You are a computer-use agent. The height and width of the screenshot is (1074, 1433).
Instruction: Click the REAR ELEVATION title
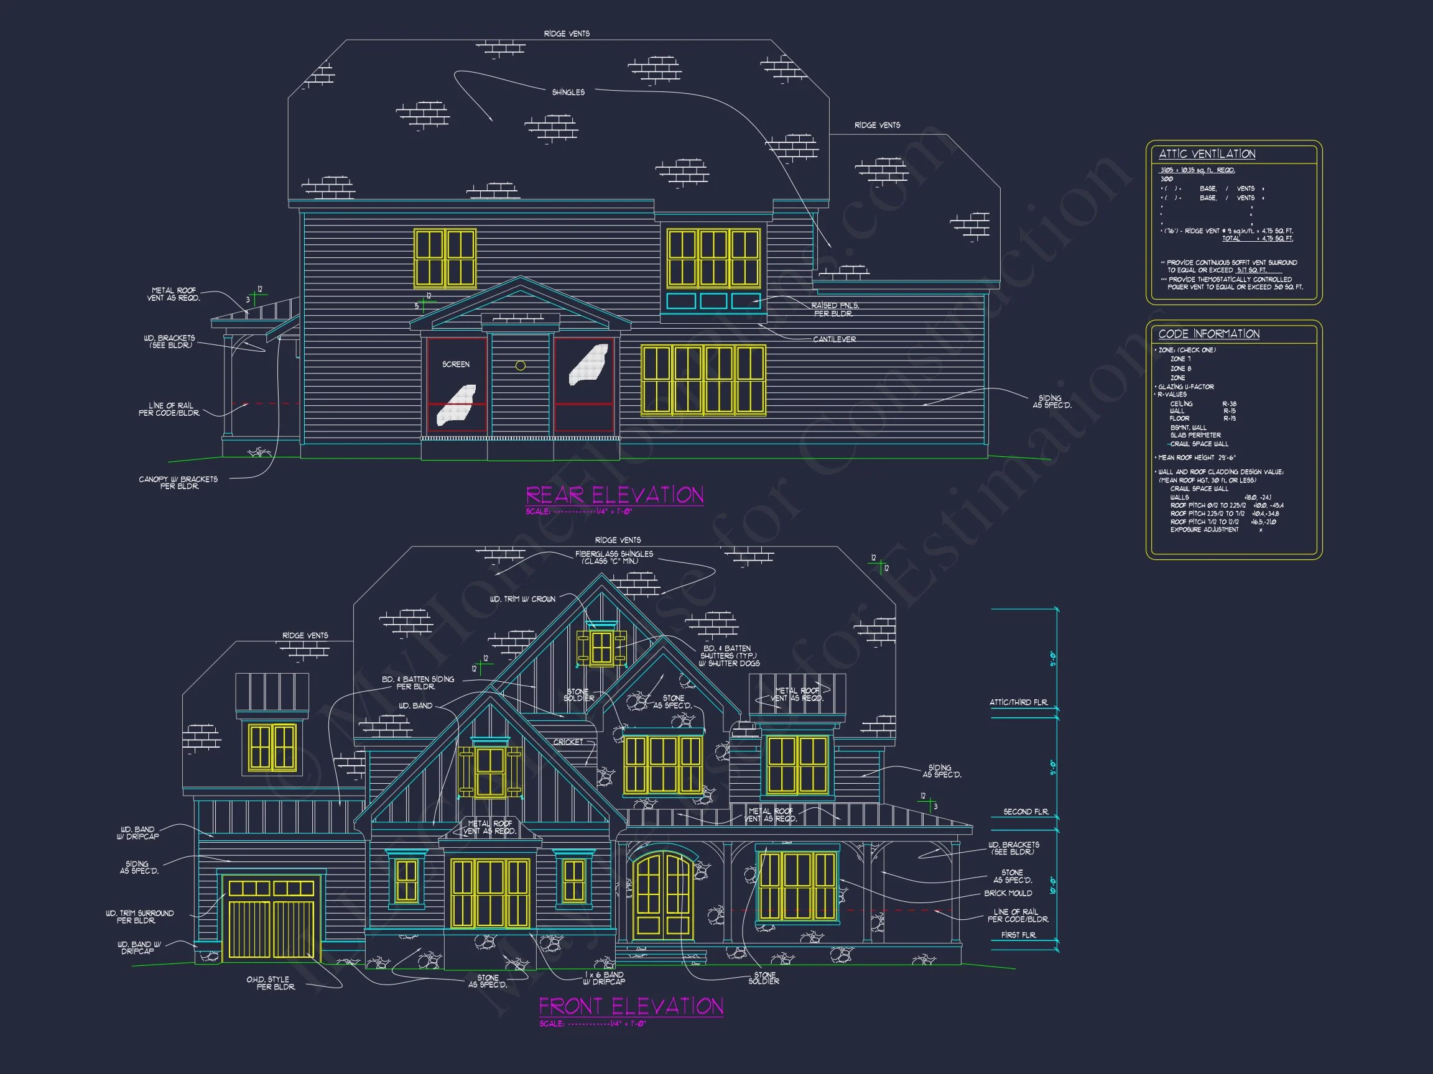click(x=614, y=495)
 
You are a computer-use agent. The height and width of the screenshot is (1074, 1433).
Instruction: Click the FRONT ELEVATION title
click(x=631, y=1006)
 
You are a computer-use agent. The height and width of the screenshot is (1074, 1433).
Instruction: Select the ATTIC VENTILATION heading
click(x=1207, y=154)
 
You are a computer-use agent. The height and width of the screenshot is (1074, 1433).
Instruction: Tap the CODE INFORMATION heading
click(x=1209, y=334)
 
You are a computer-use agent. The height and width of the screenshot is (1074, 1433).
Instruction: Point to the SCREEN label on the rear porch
click(x=455, y=364)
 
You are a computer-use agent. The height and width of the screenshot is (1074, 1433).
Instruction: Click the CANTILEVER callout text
click(x=835, y=339)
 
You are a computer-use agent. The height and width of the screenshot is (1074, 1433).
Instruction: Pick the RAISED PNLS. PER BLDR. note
click(x=835, y=310)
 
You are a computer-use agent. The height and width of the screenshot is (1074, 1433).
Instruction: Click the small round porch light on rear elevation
click(x=520, y=365)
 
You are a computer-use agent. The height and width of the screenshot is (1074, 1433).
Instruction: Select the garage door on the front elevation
click(x=271, y=918)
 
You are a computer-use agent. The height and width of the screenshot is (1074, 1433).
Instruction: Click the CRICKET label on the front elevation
click(x=568, y=742)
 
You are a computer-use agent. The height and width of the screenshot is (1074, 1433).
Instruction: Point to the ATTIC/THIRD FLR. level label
click(x=1018, y=702)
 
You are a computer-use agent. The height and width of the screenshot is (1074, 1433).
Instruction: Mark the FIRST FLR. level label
click(x=1018, y=935)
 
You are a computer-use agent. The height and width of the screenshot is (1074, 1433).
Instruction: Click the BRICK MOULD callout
click(x=1008, y=893)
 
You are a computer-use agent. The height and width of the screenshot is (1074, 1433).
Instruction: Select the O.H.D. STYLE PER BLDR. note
click(x=271, y=983)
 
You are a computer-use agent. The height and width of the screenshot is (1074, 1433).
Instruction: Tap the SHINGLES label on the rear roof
click(x=568, y=93)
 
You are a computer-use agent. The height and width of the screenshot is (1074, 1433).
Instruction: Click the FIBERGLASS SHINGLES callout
click(x=613, y=558)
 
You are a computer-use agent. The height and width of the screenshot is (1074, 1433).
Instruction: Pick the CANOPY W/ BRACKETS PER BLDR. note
click(x=178, y=483)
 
